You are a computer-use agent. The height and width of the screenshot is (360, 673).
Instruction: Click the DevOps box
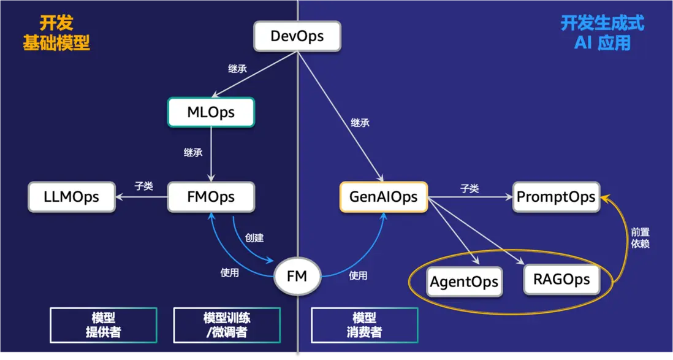click(x=297, y=36)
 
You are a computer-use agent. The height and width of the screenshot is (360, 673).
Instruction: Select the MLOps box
click(x=211, y=112)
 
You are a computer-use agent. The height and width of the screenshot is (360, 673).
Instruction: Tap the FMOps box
click(x=211, y=197)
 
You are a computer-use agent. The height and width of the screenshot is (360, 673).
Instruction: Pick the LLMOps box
click(x=72, y=197)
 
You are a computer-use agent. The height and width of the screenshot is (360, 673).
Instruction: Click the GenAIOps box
click(x=384, y=197)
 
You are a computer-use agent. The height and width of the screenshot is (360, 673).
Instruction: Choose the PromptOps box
click(x=556, y=197)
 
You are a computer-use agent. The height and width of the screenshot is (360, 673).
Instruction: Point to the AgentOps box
click(x=464, y=283)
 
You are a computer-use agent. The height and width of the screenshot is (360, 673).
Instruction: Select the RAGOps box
click(x=561, y=280)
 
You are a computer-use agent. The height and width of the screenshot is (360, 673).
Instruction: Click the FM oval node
click(x=297, y=277)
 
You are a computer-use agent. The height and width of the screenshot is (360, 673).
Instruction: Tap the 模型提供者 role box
click(x=103, y=325)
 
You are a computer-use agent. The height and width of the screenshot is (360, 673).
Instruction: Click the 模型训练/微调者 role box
click(x=227, y=325)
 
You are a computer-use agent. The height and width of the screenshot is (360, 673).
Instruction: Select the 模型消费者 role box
click(x=365, y=325)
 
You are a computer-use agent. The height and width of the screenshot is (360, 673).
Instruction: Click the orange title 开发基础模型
click(x=56, y=33)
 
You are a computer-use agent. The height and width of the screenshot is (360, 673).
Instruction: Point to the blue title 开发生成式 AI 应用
click(x=602, y=33)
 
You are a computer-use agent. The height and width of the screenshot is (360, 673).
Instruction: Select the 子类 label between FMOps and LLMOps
click(x=143, y=186)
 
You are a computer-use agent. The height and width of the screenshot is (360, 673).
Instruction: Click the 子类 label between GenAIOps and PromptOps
click(x=470, y=189)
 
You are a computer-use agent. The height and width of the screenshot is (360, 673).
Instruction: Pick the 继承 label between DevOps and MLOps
click(x=237, y=69)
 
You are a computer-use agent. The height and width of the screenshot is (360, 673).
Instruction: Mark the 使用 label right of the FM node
click(x=358, y=275)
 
